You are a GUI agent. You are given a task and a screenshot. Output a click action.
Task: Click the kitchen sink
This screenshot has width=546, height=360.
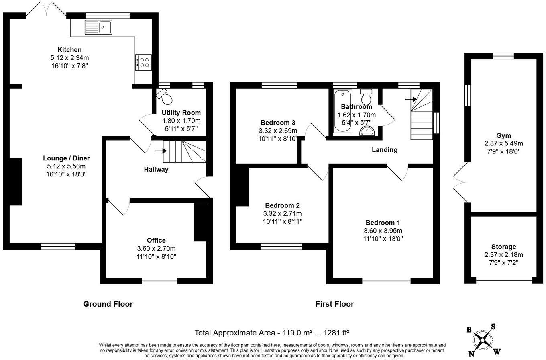click(x=100, y=27)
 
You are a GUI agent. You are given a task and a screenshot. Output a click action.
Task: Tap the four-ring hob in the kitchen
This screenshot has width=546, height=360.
click(x=143, y=62)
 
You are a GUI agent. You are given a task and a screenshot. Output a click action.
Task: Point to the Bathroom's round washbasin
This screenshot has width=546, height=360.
click(x=366, y=130)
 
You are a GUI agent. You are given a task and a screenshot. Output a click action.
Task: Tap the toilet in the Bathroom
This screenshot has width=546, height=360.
click(x=366, y=97)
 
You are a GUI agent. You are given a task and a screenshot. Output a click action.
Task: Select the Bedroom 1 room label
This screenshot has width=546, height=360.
click(x=383, y=223)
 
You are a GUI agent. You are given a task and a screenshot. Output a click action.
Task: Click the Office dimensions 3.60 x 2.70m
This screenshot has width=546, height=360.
click(x=156, y=248)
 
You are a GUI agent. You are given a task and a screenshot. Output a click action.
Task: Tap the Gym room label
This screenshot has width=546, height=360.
click(x=503, y=136)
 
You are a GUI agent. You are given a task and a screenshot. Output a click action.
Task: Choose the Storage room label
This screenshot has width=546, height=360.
click(x=503, y=247)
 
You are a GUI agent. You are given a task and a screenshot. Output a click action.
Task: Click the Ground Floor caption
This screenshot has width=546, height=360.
click(x=108, y=304)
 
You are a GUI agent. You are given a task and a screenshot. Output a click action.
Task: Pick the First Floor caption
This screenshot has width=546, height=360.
click(x=334, y=304)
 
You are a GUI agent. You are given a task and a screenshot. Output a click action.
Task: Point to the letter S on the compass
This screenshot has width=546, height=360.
click(x=493, y=327)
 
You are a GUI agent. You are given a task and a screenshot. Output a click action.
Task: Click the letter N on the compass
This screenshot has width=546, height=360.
click(x=470, y=354)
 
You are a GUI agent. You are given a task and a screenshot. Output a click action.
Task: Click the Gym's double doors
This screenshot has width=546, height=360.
click(x=460, y=182)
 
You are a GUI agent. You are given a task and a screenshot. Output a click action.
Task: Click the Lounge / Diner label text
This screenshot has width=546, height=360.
click(x=66, y=158)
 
